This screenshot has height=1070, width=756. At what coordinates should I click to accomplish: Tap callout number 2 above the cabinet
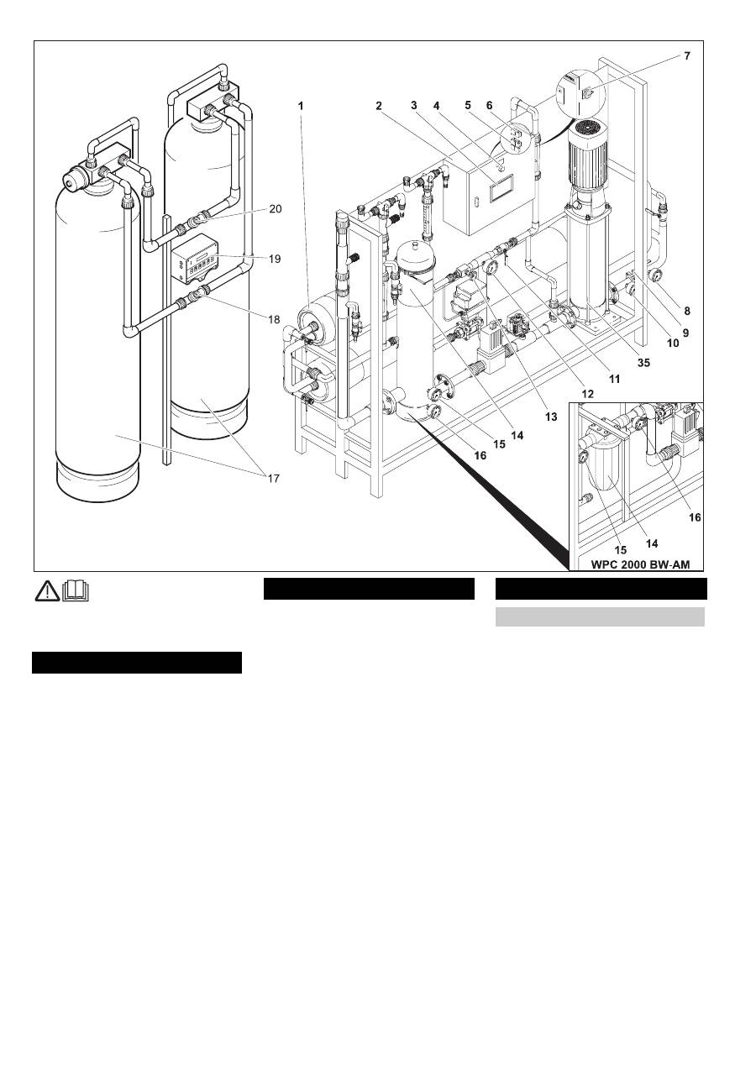379,106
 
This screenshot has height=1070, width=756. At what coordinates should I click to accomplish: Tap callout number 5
468,107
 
